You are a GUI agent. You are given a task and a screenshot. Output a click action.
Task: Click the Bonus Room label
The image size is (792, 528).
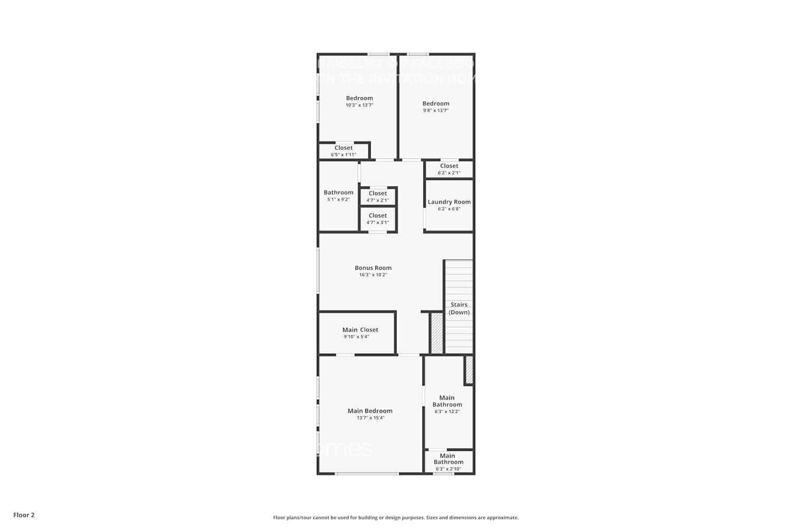373,268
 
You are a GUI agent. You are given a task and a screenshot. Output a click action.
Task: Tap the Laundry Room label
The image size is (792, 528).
449,202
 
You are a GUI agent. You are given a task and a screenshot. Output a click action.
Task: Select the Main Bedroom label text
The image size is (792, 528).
370,411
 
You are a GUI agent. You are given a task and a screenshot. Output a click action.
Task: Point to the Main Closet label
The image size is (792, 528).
360,330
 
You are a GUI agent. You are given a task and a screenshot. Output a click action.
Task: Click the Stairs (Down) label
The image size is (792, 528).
459,308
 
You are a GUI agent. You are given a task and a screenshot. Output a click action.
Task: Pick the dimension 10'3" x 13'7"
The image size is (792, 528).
359,105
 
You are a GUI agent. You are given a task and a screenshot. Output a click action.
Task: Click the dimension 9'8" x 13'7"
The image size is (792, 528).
436,111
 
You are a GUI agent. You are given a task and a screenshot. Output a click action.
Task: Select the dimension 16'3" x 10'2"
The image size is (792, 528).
373,275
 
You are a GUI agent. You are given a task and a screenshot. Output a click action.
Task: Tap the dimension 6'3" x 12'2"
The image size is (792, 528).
447,412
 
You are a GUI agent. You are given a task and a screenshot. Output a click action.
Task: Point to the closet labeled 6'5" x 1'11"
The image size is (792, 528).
343,151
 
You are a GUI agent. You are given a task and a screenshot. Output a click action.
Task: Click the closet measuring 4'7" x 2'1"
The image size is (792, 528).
378,196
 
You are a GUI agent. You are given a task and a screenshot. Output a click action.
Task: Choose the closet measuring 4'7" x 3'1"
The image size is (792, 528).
378,219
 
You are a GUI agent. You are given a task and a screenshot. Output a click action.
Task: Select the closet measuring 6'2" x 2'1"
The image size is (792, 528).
449,169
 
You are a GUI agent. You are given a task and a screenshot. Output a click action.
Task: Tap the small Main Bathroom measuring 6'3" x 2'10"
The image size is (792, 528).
448,462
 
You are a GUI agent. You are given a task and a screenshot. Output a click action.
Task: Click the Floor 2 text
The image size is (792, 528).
24,515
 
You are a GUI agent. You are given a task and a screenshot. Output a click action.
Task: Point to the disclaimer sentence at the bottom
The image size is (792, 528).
395,517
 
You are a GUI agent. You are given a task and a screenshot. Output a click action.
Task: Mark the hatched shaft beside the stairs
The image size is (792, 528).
437,333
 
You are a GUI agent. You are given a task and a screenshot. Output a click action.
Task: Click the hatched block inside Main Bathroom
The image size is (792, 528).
468,370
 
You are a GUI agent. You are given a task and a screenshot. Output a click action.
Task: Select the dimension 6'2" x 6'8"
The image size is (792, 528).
449,209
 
